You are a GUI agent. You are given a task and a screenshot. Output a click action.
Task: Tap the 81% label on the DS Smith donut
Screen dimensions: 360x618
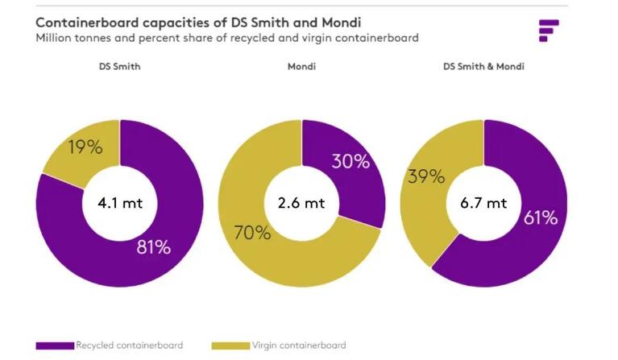153,246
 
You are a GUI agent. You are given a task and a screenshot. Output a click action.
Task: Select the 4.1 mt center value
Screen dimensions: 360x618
120,202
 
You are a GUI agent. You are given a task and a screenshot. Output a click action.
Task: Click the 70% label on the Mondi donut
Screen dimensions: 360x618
252,233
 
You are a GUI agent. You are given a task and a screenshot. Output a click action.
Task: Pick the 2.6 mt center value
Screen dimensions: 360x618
302,202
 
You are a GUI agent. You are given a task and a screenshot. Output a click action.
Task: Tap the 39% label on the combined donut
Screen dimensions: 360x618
427,177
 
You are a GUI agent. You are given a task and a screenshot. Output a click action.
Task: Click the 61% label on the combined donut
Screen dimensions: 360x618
539,217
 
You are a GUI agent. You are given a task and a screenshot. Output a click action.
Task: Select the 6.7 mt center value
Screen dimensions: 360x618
484,202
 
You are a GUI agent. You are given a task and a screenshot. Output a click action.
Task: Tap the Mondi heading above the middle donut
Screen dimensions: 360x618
301,66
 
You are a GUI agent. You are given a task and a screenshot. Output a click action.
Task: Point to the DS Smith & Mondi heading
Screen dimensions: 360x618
483,66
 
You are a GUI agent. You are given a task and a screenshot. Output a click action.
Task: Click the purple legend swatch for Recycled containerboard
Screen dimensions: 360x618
55,346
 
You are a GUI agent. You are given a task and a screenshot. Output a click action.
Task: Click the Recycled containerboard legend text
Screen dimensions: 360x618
129,346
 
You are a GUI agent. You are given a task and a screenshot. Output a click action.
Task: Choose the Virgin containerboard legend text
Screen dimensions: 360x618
298,346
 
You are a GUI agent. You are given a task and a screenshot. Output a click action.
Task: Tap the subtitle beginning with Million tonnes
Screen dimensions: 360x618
226,38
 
